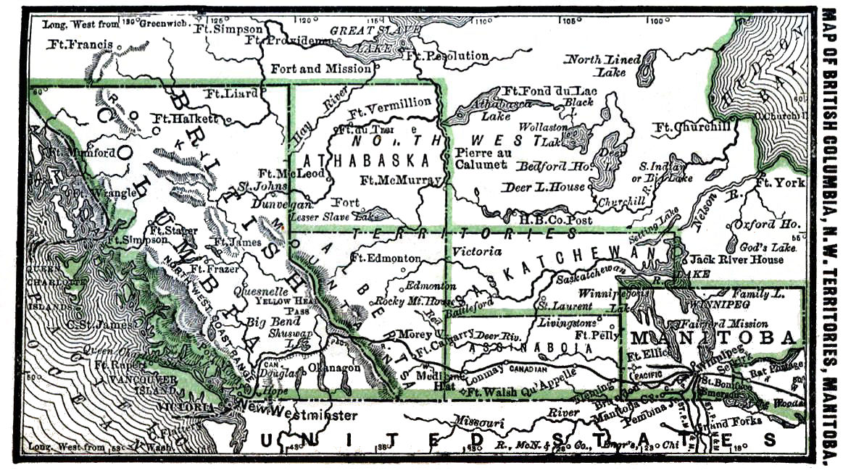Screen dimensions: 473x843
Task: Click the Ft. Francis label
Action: (79, 45)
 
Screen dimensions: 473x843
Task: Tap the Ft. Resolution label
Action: (447, 56)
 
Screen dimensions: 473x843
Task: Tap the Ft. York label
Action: (779, 183)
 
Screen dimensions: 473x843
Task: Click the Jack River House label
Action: (736, 259)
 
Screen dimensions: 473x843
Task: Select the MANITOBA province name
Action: (714, 338)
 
